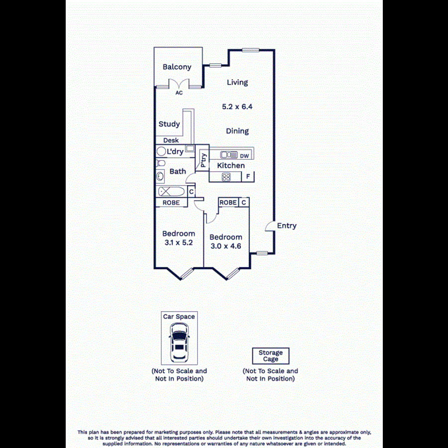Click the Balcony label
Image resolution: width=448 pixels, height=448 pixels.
177,67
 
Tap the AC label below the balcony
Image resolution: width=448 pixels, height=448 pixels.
179,93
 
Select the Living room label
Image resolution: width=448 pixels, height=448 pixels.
237,83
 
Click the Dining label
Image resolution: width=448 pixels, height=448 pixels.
237,131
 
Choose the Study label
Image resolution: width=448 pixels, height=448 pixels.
169,124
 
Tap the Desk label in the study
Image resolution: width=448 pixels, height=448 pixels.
171,140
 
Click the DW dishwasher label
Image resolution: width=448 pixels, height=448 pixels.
244,155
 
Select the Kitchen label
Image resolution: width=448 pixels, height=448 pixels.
231,165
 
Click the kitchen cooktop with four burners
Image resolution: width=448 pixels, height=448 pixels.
226,177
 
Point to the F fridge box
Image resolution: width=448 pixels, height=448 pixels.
247,177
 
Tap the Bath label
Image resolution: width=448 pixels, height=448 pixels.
178,171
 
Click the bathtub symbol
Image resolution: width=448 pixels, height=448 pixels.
171,192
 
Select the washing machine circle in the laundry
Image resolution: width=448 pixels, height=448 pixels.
162,151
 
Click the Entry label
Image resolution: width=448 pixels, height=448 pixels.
287,225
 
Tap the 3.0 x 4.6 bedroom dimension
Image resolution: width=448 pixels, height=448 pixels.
225,246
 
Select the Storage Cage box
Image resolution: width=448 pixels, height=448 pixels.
270,356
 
